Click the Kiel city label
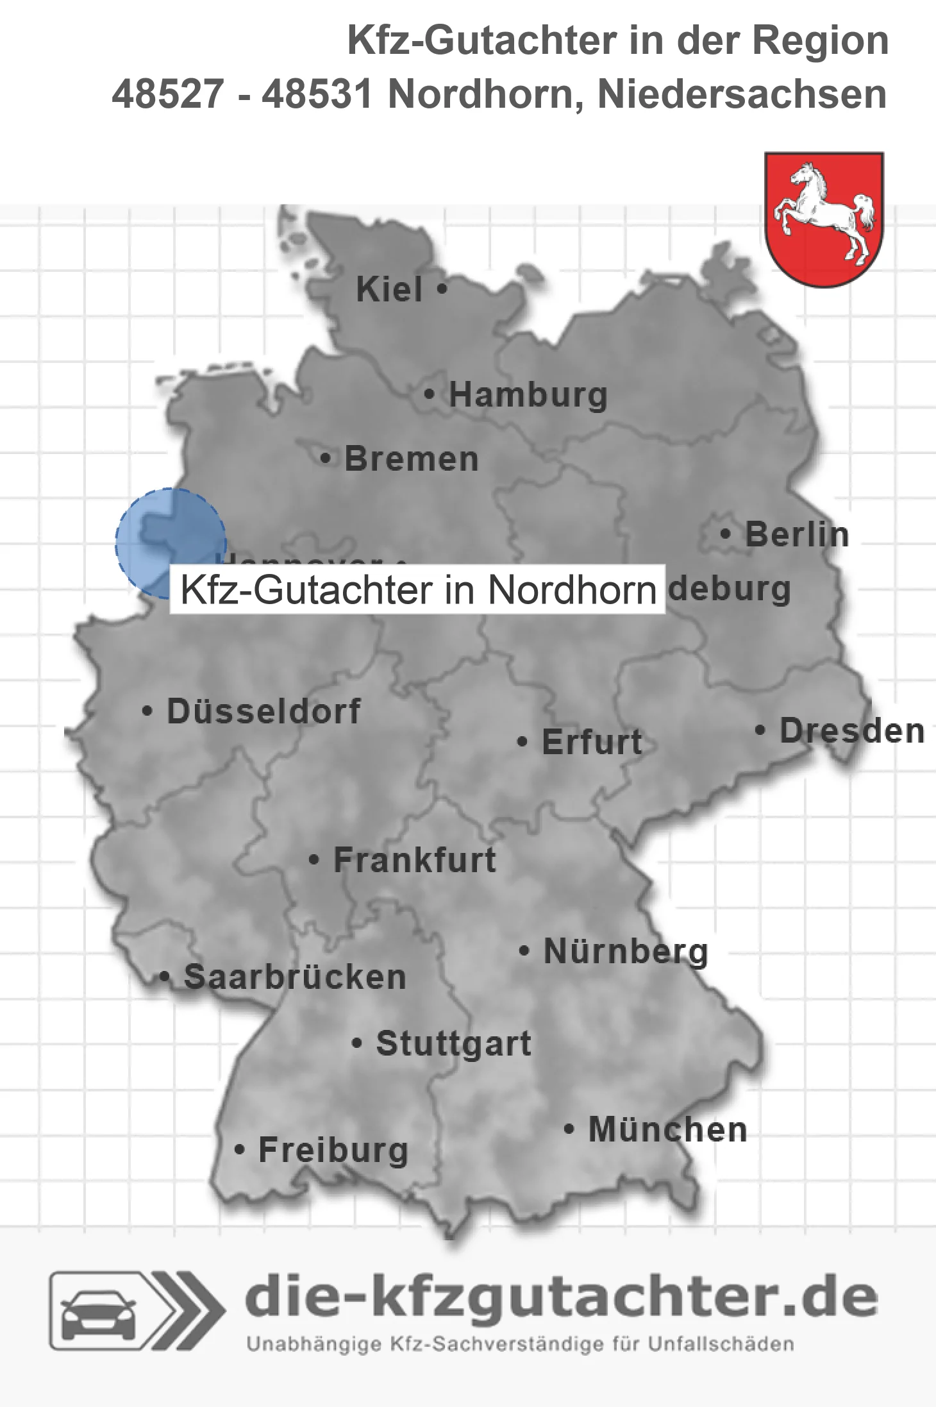[x=389, y=289]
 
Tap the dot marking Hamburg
[x=430, y=394]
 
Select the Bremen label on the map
[x=411, y=459]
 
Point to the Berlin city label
[x=797, y=534]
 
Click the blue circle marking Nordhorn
[x=171, y=543]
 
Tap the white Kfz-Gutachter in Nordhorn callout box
[x=417, y=589]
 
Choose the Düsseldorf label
[x=263, y=711]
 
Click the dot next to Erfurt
[x=522, y=742]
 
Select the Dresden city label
[x=852, y=731]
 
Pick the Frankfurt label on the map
[x=415, y=860]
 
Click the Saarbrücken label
[x=295, y=977]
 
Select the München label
[x=668, y=1129]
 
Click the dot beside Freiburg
[x=240, y=1150]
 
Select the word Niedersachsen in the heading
[x=742, y=94]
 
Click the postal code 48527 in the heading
[x=168, y=94]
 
